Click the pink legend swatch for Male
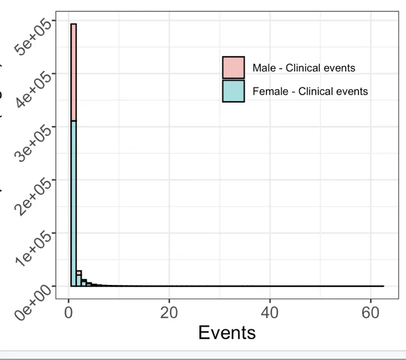tap(233, 68)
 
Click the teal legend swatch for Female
tap(233, 91)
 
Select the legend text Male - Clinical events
tap(303, 68)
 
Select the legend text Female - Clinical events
tap(310, 92)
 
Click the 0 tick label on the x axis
tap(69, 312)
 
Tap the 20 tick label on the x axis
tap(169, 312)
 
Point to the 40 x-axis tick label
tap(269, 312)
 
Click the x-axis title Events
tap(227, 333)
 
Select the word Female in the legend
tap(267, 92)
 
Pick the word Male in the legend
tap(263, 68)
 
